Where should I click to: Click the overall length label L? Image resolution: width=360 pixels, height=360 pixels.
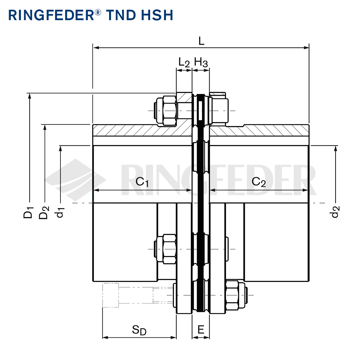[x=201, y=41]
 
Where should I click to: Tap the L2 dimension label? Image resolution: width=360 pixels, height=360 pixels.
[x=184, y=63]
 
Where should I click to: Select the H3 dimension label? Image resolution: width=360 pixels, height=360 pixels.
[x=201, y=63]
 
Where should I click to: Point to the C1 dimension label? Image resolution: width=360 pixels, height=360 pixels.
[x=142, y=182]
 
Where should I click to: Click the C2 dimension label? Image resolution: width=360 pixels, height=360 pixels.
[x=258, y=182]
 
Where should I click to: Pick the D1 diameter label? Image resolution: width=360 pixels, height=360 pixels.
[x=29, y=212]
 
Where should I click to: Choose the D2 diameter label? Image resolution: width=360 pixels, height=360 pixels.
[x=44, y=212]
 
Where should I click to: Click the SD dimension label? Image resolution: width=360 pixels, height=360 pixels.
[x=139, y=330]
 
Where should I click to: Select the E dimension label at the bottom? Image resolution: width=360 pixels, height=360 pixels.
[x=201, y=329]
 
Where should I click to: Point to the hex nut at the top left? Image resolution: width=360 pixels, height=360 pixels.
[x=166, y=110]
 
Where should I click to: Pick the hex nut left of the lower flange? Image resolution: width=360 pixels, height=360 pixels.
[x=166, y=249]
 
